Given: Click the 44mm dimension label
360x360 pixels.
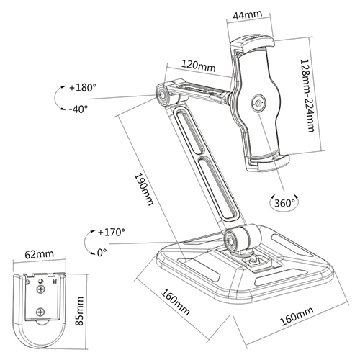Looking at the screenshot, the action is (x=248, y=15).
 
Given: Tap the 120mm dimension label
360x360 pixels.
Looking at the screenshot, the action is (x=198, y=66).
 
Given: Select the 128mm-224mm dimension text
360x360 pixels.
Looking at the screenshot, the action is (x=307, y=96).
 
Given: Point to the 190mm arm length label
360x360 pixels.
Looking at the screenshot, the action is (x=143, y=189).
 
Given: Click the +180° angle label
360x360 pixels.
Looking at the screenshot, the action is (x=83, y=87).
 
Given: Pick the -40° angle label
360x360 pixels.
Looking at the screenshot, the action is (x=78, y=109).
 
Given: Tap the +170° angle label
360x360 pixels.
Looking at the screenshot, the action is (x=112, y=232).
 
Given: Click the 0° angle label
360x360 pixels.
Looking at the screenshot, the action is (x=102, y=253).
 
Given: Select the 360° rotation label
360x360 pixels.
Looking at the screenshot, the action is (x=284, y=203).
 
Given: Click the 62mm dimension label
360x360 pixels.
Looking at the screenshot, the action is (x=40, y=254).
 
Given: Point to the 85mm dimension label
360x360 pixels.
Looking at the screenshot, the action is (x=79, y=311).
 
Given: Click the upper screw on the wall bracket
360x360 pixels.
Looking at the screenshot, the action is (x=40, y=289).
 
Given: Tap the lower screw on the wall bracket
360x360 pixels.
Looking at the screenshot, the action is (x=40, y=312).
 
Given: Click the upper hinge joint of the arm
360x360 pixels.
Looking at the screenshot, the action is (x=161, y=95).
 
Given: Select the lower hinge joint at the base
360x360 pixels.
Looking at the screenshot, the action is (x=230, y=240).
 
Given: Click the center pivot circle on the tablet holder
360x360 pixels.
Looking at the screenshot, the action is (x=258, y=103).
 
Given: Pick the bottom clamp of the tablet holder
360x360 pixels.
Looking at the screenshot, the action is (x=268, y=163).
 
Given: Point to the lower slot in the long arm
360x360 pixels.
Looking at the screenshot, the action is (x=217, y=188).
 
